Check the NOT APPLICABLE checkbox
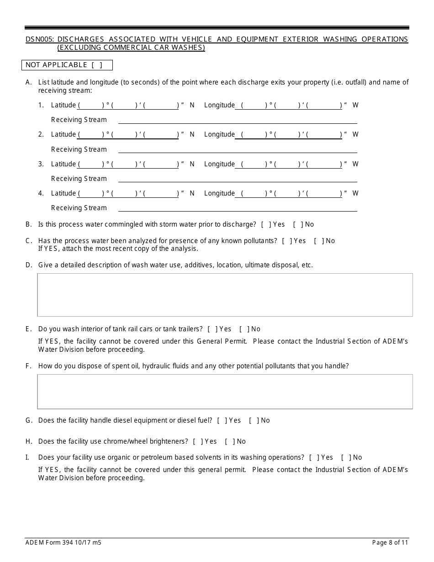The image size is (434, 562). [x=97, y=65]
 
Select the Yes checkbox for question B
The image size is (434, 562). [x=266, y=224]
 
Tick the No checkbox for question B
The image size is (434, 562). [x=298, y=224]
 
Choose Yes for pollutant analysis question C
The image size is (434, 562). [x=287, y=241]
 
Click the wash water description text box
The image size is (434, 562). [x=225, y=295]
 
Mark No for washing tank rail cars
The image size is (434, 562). [x=244, y=329]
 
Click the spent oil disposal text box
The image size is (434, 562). [x=225, y=392]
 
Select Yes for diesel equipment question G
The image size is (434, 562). [x=222, y=420]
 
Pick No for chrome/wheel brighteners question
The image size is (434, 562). [x=229, y=441]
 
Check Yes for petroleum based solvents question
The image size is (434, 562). [x=314, y=457]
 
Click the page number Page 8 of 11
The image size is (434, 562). [x=390, y=543]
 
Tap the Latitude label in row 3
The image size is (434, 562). [x=63, y=164]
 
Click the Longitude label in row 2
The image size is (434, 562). [x=219, y=134]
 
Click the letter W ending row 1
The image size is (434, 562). [x=355, y=105]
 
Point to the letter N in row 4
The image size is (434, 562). [x=192, y=193]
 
